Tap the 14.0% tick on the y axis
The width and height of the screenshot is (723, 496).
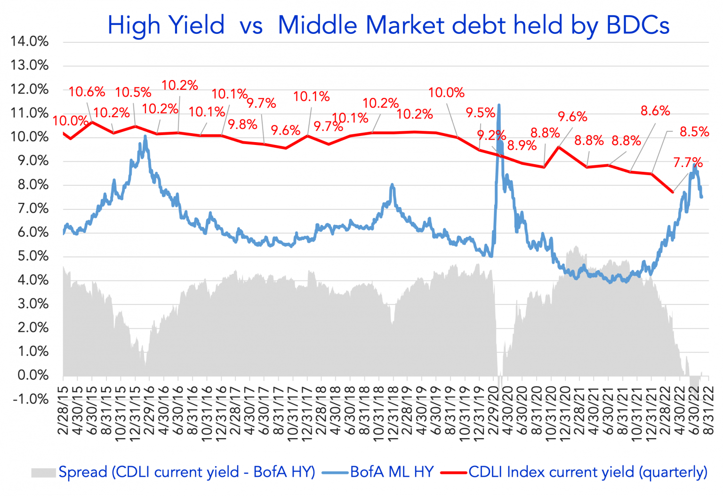click(30, 42)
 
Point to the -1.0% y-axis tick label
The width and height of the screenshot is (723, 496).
click(30, 399)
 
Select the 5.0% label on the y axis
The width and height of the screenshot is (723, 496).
click(30, 256)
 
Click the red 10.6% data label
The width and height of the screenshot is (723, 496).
click(87, 92)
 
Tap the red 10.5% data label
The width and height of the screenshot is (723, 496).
click(133, 92)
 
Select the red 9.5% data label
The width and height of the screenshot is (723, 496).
click(481, 113)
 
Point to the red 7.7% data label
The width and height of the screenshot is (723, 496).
click(688, 163)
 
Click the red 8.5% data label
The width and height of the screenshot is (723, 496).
click(694, 132)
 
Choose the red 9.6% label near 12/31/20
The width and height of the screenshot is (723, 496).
click(572, 117)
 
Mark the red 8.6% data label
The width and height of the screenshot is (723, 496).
click(655, 111)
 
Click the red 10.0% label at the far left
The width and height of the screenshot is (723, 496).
click(70, 121)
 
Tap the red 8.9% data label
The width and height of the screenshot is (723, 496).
click(522, 145)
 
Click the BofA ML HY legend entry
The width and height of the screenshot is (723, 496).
click(392, 472)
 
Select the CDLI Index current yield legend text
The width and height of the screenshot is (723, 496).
click(587, 472)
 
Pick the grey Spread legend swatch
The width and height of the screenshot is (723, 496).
click(44, 472)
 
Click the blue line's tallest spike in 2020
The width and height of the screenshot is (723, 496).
click(498, 105)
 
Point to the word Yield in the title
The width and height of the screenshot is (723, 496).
click(196, 25)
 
